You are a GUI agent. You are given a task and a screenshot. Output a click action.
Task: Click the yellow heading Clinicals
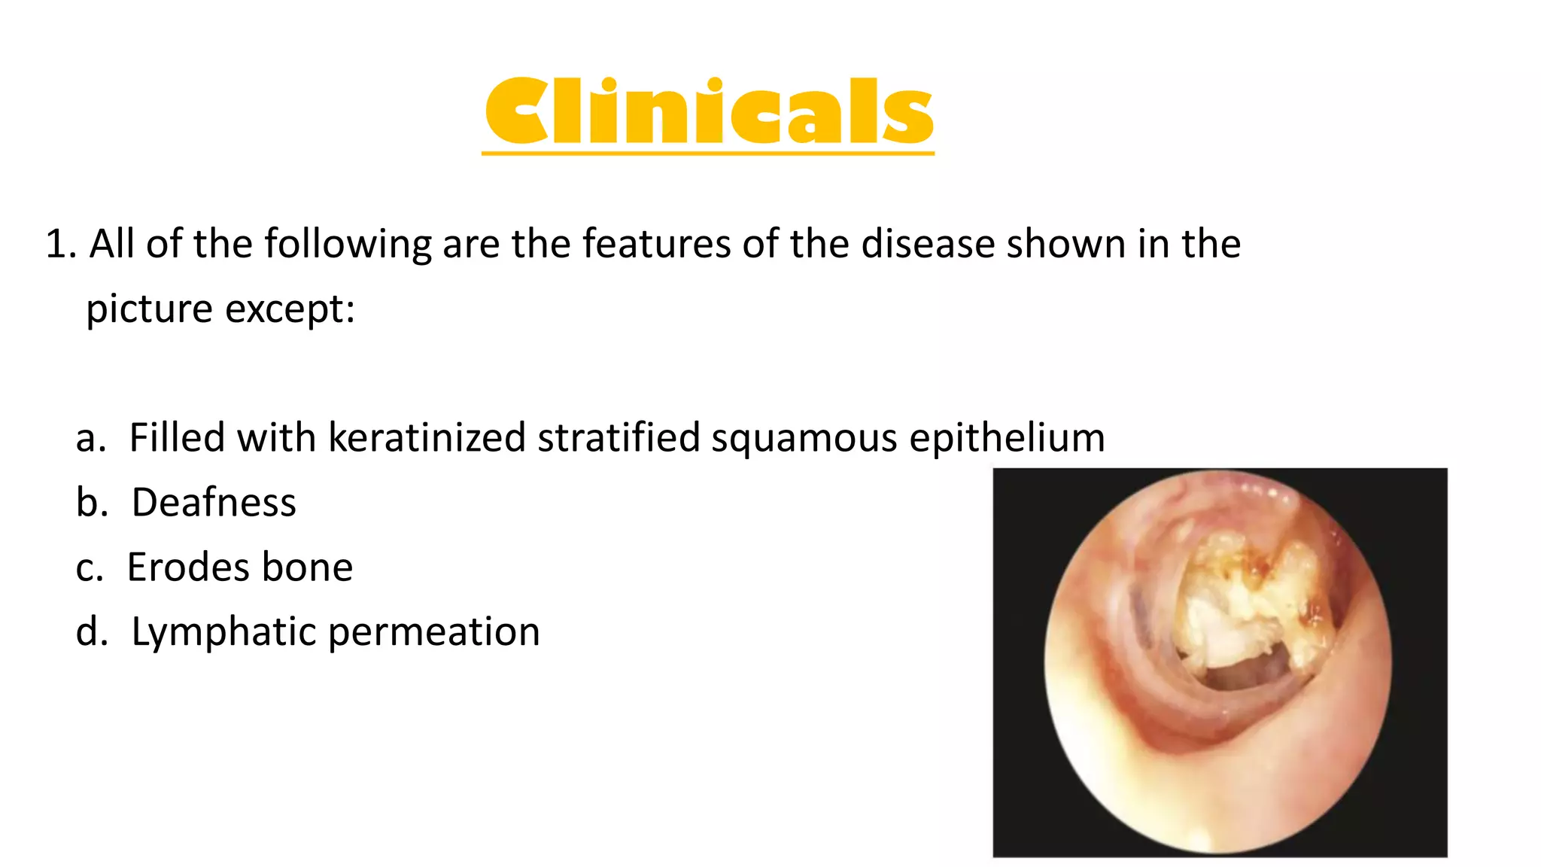pyautogui.click(x=708, y=111)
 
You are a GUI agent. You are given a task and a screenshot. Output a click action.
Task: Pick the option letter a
pyautogui.click(x=90, y=438)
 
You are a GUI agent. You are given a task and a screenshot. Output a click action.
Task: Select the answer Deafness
pyautogui.click(x=214, y=503)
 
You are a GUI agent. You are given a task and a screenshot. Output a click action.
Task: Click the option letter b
pyautogui.click(x=91, y=503)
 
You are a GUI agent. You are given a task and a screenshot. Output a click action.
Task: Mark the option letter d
pyautogui.click(x=91, y=632)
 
